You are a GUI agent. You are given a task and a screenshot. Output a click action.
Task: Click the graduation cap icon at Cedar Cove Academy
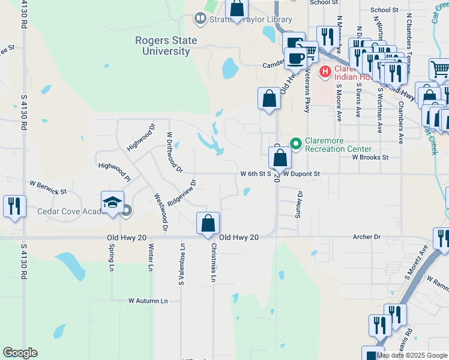(x=112, y=203)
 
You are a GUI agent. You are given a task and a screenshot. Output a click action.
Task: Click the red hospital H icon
(x=325, y=72)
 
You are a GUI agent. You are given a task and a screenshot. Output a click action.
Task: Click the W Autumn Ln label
(x=148, y=301)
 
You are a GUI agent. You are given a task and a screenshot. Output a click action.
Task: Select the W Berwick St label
(x=48, y=187)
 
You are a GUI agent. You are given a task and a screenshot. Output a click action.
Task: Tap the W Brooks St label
(x=370, y=157)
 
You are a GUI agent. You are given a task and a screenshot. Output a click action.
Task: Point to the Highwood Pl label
(x=114, y=170)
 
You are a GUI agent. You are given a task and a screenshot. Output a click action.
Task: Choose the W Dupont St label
(x=307, y=174)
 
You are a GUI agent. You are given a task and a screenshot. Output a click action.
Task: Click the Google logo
(x=20, y=353)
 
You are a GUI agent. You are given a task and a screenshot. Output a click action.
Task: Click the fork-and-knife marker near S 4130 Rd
(x=14, y=206)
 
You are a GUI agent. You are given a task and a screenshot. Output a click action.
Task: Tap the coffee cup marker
(x=295, y=58)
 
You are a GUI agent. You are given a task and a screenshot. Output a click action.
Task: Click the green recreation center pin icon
(x=295, y=143)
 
